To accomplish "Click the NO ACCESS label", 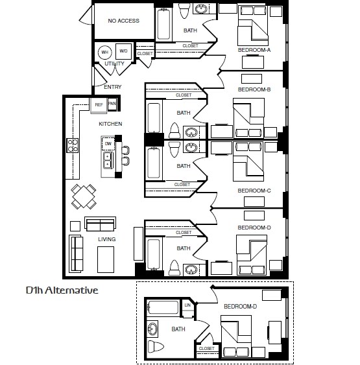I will click(123, 21).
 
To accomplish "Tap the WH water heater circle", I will click(104, 52).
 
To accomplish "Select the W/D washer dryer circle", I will click(123, 51).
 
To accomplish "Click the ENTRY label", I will click(112, 87).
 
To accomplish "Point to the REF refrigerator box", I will click(99, 104).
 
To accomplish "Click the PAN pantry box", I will click(112, 104).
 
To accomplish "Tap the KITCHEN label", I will click(110, 123).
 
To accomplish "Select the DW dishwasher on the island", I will click(107, 143).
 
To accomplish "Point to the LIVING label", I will click(106, 239).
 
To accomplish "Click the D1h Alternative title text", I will click(62, 290).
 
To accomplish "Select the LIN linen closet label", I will click(188, 305).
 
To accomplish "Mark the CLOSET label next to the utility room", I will click(145, 54).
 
